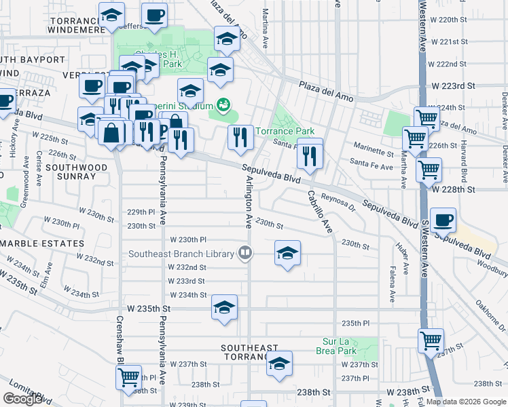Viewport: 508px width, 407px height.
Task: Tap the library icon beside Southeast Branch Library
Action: click(x=245, y=254)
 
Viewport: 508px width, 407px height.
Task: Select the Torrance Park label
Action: click(x=290, y=131)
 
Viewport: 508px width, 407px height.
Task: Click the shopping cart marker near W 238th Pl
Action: click(x=128, y=376)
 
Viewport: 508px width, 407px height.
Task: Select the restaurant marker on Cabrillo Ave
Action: click(x=310, y=155)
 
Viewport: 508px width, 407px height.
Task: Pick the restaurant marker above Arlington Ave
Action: click(x=240, y=138)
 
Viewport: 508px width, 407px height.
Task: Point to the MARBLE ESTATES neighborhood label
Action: click(x=42, y=244)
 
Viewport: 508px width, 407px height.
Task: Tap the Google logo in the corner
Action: click(x=22, y=399)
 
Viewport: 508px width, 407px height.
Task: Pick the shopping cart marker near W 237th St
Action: click(x=431, y=341)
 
